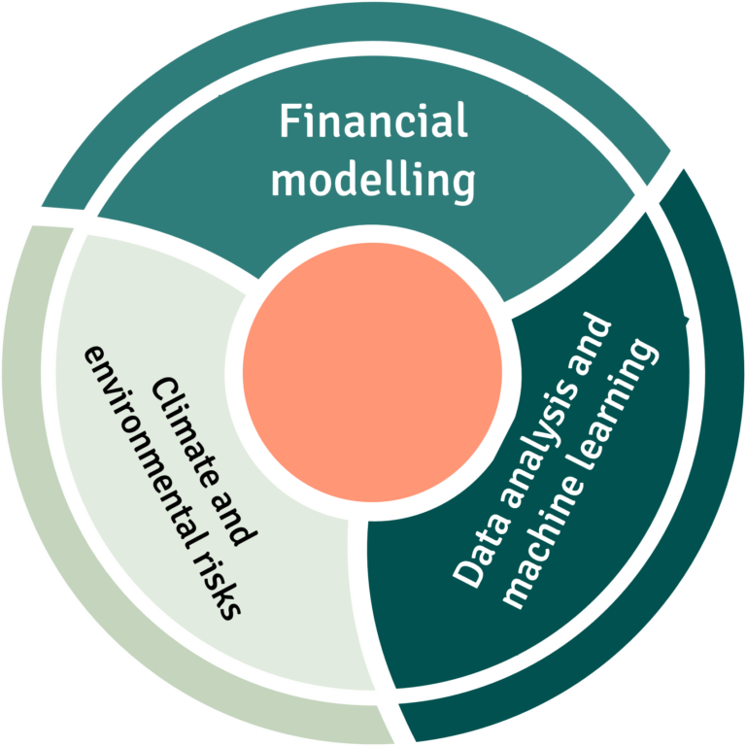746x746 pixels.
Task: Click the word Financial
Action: (373, 123)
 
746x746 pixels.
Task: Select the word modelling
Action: (373, 180)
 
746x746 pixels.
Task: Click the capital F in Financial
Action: (289, 123)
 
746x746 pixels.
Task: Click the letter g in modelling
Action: (463, 185)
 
